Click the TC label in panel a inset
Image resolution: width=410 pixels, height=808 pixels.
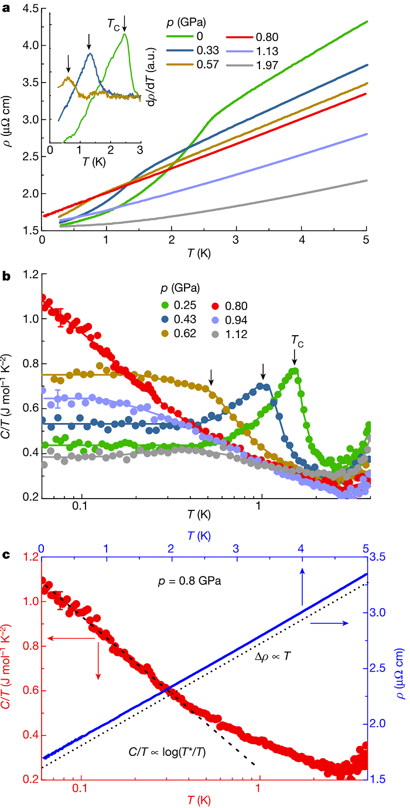113,23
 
